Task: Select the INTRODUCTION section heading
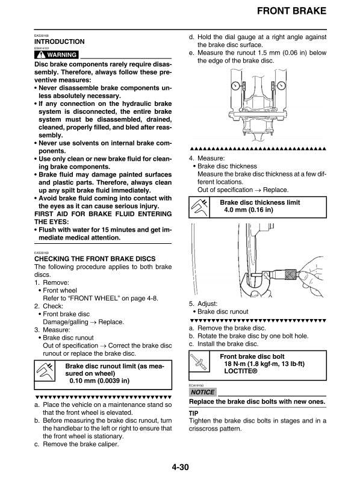pos(60,42)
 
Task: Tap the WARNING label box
pos(57,55)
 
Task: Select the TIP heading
pos(194,414)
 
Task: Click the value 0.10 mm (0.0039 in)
pos(99,381)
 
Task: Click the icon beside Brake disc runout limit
pos(46,373)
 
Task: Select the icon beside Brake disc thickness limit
pos(200,208)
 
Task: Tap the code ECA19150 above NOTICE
pos(196,383)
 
